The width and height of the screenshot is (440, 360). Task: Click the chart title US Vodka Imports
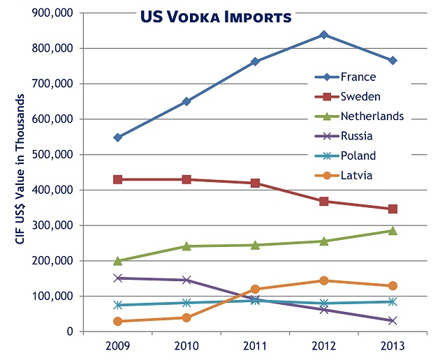pos(214,16)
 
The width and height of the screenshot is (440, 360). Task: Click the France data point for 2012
pos(324,35)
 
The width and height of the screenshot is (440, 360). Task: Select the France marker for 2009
pos(118,137)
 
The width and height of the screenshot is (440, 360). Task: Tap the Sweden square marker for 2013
pos(393,209)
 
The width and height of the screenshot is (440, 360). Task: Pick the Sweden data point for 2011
pos(255,183)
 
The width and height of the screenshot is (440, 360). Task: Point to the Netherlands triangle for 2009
pos(118,260)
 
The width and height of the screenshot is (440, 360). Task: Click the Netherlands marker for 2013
pos(393,230)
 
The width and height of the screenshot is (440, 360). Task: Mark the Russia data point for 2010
pos(186,280)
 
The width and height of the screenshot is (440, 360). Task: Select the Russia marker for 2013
pos(393,320)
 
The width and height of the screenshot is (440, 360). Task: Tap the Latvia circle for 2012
pos(324,280)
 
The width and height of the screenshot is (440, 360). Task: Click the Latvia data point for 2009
pos(118,321)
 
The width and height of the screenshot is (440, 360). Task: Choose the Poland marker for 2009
pos(118,305)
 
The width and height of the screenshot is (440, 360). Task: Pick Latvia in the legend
pos(356,175)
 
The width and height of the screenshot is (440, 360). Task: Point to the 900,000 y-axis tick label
pos(54,13)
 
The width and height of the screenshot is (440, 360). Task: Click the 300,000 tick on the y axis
pos(54,225)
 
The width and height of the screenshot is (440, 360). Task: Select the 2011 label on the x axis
pos(255,346)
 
